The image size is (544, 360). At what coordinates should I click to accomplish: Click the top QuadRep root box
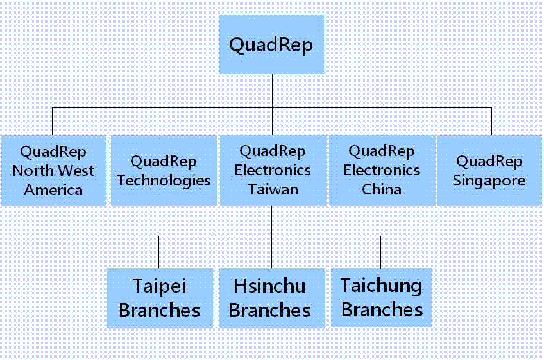pyautogui.click(x=271, y=44)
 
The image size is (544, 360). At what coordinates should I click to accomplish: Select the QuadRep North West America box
pyautogui.click(x=53, y=171)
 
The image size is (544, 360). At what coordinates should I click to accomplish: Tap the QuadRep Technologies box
pyautogui.click(x=164, y=171)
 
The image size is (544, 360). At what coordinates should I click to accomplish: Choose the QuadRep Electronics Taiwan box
pyautogui.click(x=273, y=171)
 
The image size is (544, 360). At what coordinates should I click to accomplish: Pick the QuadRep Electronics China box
pyautogui.click(x=382, y=171)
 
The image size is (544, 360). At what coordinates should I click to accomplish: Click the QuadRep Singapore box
pyautogui.click(x=489, y=171)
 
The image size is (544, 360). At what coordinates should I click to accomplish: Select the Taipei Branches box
pyautogui.click(x=160, y=298)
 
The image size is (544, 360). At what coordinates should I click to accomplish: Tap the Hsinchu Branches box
pyautogui.click(x=272, y=298)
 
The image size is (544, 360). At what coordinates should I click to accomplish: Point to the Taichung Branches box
pyautogui.click(x=381, y=298)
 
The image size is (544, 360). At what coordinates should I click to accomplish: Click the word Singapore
pyautogui.click(x=489, y=181)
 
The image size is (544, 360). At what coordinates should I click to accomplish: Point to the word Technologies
pyautogui.click(x=164, y=181)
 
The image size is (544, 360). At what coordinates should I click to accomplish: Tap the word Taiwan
pyautogui.click(x=273, y=189)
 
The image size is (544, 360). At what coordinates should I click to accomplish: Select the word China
pyautogui.click(x=382, y=189)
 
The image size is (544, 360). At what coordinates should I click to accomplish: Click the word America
pyautogui.click(x=53, y=190)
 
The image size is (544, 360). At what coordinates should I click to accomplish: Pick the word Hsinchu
pyautogui.click(x=269, y=286)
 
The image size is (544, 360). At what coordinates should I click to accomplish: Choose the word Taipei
pyautogui.click(x=160, y=287)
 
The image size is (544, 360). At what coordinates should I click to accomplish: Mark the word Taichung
pyautogui.click(x=381, y=286)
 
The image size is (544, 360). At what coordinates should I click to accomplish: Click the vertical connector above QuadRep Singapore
pyautogui.click(x=491, y=121)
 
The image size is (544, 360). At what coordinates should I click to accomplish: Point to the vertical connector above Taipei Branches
pyautogui.click(x=159, y=252)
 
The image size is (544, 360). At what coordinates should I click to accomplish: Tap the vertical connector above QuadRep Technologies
pyautogui.click(x=162, y=121)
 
